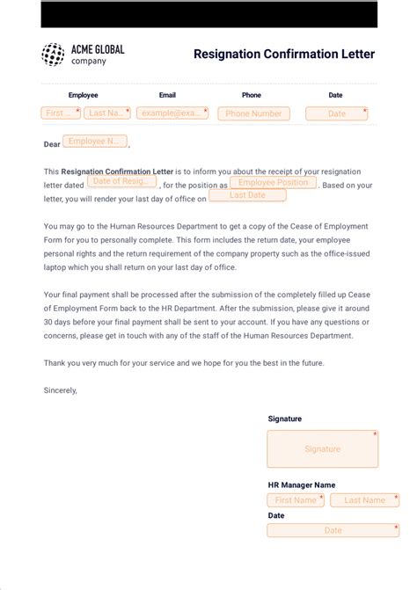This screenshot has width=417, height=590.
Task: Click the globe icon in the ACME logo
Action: (53, 55)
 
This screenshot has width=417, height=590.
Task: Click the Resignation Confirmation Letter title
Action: (284, 55)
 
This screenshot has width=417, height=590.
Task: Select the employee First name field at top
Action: (61, 113)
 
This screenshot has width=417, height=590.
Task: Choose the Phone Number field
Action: (254, 113)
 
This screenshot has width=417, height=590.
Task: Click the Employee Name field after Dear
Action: (94, 142)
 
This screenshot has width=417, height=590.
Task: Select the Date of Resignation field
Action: (121, 181)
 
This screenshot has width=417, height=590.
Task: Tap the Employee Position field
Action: (274, 183)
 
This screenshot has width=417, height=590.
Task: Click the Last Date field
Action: (247, 195)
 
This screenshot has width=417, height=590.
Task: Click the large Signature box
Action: (322, 448)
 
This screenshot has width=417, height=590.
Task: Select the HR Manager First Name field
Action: (296, 500)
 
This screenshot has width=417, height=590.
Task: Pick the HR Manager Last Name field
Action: (364, 500)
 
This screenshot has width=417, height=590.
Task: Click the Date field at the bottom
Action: (333, 530)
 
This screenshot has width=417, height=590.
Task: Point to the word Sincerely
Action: (60, 390)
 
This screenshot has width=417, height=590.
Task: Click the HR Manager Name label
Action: (302, 484)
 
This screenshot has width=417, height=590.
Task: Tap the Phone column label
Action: (252, 95)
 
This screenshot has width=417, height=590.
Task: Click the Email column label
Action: (167, 95)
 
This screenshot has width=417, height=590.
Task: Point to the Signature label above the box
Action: (285, 419)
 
